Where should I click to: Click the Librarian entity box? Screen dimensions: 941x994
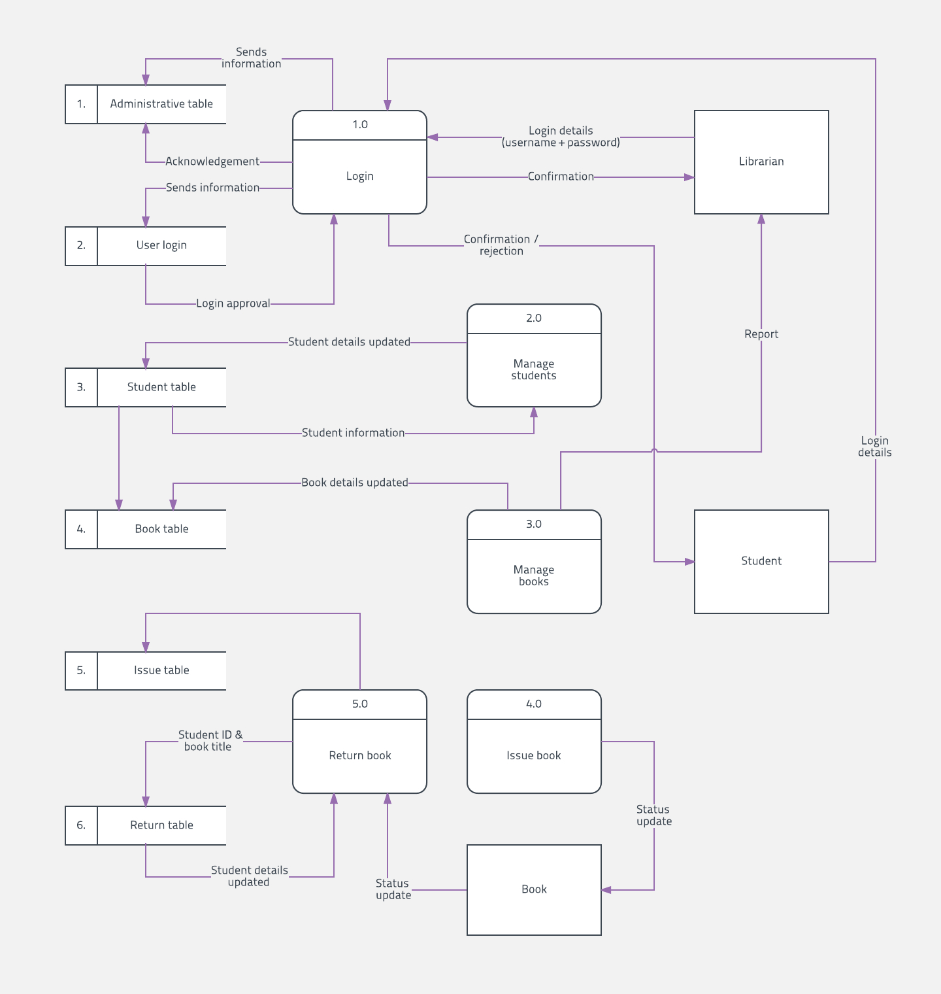coord(761,162)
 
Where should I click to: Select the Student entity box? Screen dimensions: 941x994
coord(761,562)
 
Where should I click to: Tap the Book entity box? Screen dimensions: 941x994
coord(534,890)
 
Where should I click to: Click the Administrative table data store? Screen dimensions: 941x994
coord(146,104)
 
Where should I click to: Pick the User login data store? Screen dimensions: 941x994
coord(146,246)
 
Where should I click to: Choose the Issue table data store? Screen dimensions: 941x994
coord(146,671)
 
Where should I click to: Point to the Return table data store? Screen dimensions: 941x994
coord(146,825)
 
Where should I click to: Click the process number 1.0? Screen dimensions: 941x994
coord(360,125)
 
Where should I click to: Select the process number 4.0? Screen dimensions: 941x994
coord(534,704)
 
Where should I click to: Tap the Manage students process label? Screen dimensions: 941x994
coord(534,369)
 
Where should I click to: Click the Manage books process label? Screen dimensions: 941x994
coord(534,575)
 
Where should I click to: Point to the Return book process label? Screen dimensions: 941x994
coord(360,756)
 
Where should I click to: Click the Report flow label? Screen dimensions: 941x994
coord(761,334)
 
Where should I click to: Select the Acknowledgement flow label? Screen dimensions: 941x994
coord(212,162)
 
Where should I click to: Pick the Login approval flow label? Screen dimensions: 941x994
coord(233,303)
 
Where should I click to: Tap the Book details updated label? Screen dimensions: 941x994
coord(355,483)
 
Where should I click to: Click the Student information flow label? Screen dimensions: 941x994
coord(353,433)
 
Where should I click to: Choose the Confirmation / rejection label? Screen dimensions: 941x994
coord(501,245)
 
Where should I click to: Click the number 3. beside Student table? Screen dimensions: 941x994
coord(81,387)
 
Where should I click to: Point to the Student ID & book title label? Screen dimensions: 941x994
coord(210,741)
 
